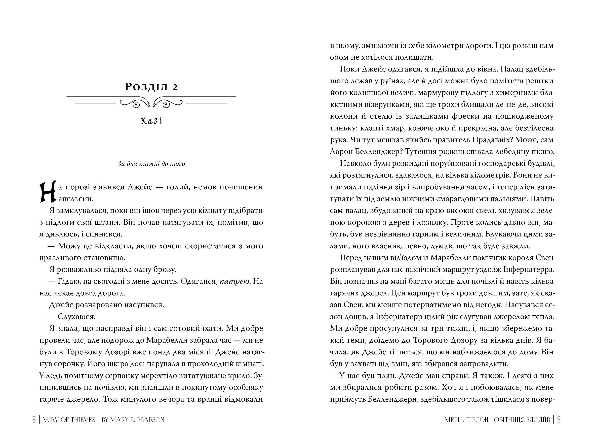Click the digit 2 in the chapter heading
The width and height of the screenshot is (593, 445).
[175, 87]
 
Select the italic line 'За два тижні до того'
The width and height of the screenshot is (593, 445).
[151, 164]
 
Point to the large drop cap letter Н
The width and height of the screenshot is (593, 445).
[48, 192]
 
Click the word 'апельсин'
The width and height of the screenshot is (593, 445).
[76, 199]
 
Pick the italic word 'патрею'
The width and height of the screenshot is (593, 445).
[235, 281]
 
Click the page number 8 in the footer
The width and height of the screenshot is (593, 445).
[34, 420]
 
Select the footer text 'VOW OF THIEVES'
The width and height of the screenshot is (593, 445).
[69, 420]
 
